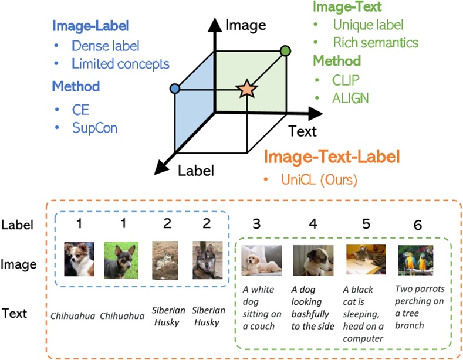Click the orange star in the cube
point(246,89)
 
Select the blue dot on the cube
point(174,89)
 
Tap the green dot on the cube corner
point(285,51)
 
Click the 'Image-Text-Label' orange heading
point(332,157)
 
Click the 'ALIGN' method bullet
point(351,97)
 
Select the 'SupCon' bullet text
point(94,127)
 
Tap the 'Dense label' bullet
point(106,45)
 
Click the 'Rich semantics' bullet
point(376,42)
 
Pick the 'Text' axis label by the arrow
point(302,131)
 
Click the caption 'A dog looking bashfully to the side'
point(312,307)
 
